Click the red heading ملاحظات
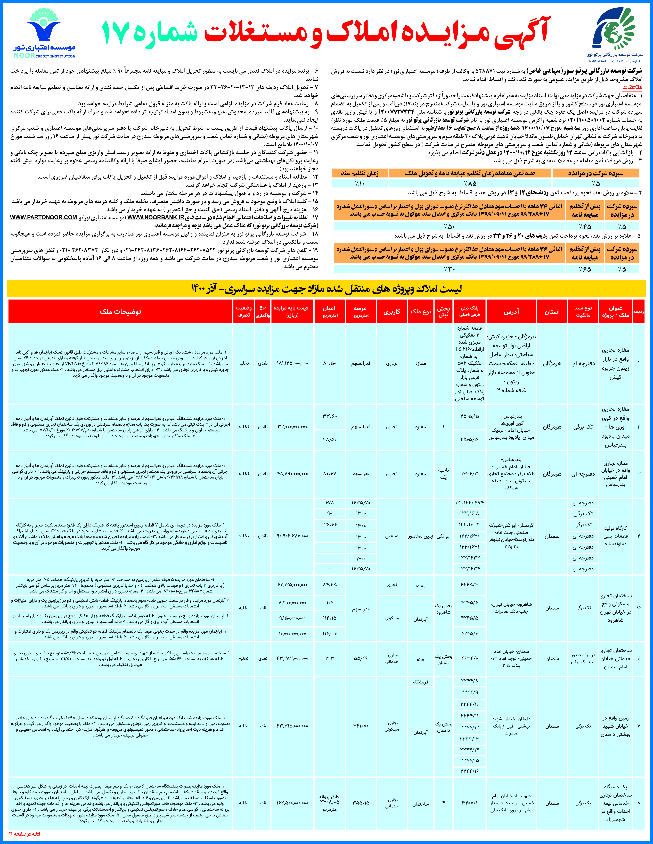click(x=632, y=87)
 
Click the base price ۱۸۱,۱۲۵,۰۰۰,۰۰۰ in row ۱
click(x=292, y=363)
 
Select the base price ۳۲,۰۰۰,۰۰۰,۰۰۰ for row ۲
click(x=292, y=427)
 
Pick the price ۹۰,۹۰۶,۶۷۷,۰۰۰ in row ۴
click(x=292, y=536)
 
